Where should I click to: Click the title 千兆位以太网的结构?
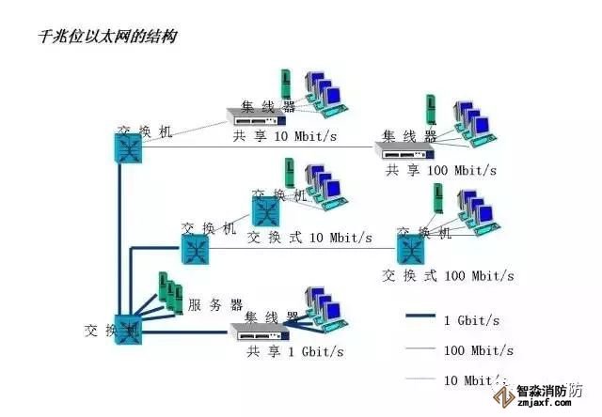[x=105, y=37]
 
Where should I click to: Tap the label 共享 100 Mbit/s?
[x=440, y=170]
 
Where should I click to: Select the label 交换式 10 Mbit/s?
[x=309, y=237]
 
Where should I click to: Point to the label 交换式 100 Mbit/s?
[x=449, y=275]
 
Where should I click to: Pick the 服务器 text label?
[x=215, y=304]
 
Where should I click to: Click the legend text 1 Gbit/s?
[x=471, y=320]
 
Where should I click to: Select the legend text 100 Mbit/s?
[x=478, y=350]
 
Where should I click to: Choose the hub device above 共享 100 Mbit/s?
[x=406, y=148]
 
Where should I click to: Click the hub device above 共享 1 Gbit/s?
[x=261, y=331]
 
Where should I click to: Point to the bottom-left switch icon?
[x=127, y=331]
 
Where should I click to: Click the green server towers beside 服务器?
[x=167, y=293]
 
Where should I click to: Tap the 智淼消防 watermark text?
[x=548, y=392]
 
